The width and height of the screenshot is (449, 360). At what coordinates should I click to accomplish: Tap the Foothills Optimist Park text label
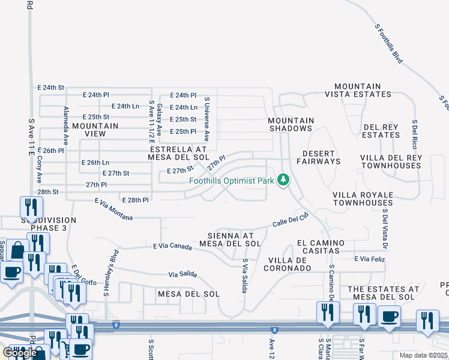point(232,181)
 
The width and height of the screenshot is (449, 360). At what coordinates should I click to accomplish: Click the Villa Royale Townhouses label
point(363,199)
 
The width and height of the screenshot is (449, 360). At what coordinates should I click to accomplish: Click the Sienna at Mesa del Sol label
point(234,239)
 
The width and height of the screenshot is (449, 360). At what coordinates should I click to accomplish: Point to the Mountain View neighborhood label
point(95,130)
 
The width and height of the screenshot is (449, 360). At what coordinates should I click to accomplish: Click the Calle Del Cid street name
point(291,220)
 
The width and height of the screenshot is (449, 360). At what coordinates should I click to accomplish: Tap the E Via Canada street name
point(172,246)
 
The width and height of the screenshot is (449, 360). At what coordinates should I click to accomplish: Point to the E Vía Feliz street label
point(369,259)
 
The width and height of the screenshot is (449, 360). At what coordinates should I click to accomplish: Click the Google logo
point(20,352)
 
